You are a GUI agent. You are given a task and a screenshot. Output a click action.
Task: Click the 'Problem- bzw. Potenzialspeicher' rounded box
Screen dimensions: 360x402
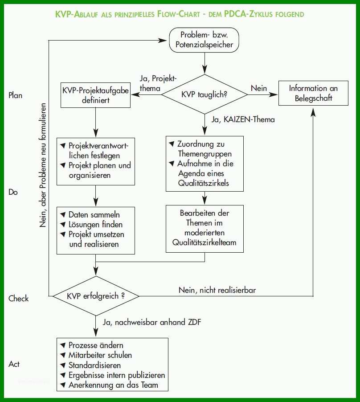pyautogui.click(x=204, y=40)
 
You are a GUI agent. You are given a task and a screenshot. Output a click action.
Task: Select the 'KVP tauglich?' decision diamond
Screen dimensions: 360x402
pyautogui.click(x=205, y=94)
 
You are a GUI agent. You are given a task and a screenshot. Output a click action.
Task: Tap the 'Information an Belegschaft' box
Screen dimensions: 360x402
pyautogui.click(x=313, y=93)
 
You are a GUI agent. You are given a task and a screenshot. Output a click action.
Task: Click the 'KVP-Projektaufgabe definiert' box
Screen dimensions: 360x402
pyautogui.click(x=96, y=95)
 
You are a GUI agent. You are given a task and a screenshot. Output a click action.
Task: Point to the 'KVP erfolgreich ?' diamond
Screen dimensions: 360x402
pyautogui.click(x=96, y=296)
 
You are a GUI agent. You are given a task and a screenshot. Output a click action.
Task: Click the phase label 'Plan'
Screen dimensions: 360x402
pyautogui.click(x=16, y=95)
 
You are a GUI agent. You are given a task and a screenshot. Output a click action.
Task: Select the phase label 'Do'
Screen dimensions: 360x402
pyautogui.click(x=13, y=192)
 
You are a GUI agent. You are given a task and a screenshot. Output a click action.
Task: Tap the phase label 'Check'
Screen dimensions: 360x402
pyautogui.click(x=18, y=299)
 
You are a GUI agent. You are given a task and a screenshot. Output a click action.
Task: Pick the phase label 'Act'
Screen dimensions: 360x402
pyautogui.click(x=14, y=364)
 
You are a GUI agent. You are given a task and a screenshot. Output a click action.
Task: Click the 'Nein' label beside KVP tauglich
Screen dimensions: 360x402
pyautogui.click(x=259, y=88)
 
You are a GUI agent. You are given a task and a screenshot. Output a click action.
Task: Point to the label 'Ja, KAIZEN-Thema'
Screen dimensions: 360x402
pyautogui.click(x=243, y=119)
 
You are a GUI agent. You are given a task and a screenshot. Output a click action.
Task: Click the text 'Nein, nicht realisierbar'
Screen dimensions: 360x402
pyautogui.click(x=217, y=290)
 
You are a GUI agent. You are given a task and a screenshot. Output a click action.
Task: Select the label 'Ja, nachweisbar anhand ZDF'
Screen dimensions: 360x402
pyautogui.click(x=152, y=322)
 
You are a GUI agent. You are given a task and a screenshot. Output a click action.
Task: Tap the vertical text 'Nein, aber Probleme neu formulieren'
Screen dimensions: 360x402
pyautogui.click(x=43, y=165)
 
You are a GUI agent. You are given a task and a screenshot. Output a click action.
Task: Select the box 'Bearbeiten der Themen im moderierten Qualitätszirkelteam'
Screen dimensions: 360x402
pyautogui.click(x=205, y=229)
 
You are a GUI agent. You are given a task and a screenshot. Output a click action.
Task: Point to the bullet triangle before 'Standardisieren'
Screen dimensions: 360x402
pyautogui.click(x=63, y=365)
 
